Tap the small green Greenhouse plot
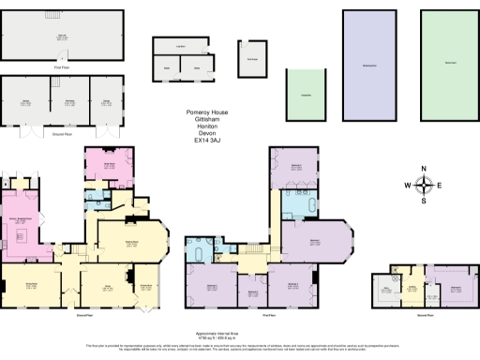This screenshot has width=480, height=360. [x=306, y=95]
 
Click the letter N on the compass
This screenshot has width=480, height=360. [x=424, y=169]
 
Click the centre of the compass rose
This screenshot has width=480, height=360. [x=424, y=185]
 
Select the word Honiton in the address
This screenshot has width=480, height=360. [x=207, y=127]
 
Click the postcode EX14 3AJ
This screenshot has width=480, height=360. [x=207, y=142]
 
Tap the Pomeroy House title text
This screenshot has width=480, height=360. [x=207, y=112]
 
